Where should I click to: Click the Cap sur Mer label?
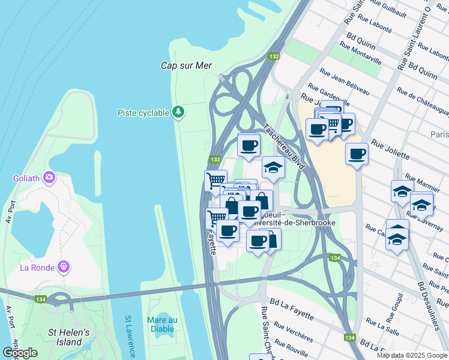click(186, 65)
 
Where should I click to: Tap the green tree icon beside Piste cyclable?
click(178, 112)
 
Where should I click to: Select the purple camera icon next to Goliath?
click(49, 178)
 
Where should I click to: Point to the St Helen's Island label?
click(68, 337)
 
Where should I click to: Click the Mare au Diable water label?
click(162, 324)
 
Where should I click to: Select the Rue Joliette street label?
click(390, 150)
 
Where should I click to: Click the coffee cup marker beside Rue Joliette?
click(357, 154)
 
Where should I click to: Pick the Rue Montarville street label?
click(360, 53)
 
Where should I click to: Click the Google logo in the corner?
click(20, 353)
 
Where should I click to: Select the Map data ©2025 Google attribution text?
click(412, 355)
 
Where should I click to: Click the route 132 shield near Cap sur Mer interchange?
click(274, 56)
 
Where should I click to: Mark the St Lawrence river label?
click(131, 336)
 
